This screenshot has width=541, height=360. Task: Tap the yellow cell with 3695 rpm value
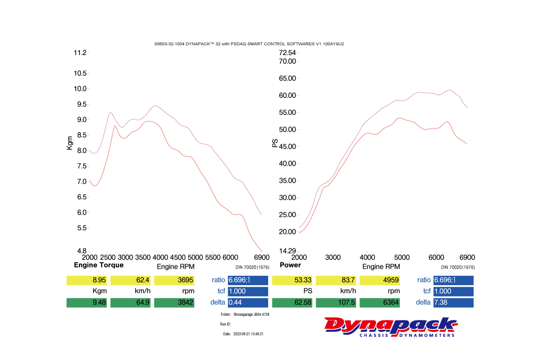coord(174,280)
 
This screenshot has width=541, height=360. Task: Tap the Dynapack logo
coord(390,327)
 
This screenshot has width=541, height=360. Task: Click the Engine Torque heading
coord(99,265)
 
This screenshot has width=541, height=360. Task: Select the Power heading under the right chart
coord(290,265)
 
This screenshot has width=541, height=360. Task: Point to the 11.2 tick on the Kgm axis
coord(80,53)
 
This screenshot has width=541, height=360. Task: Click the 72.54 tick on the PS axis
coord(287,53)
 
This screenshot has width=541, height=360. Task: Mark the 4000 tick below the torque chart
coord(160,257)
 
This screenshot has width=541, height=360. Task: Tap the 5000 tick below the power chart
coord(402,257)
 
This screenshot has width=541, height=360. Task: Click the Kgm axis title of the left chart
coord(70,143)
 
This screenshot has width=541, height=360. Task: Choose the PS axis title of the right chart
coord(275,143)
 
